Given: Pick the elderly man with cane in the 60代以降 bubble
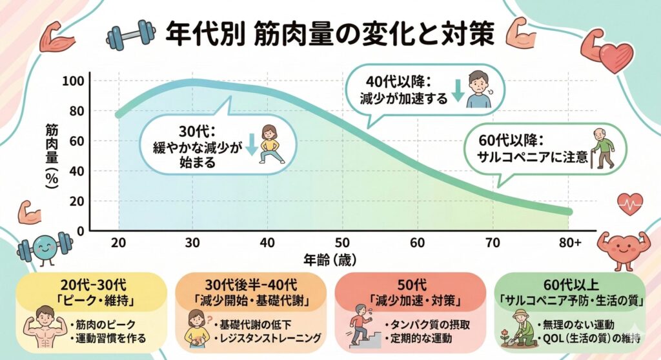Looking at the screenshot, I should pos(604,149).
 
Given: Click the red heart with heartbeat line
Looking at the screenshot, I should pos(629,204).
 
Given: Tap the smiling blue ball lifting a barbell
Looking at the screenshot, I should pos(44,248).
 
